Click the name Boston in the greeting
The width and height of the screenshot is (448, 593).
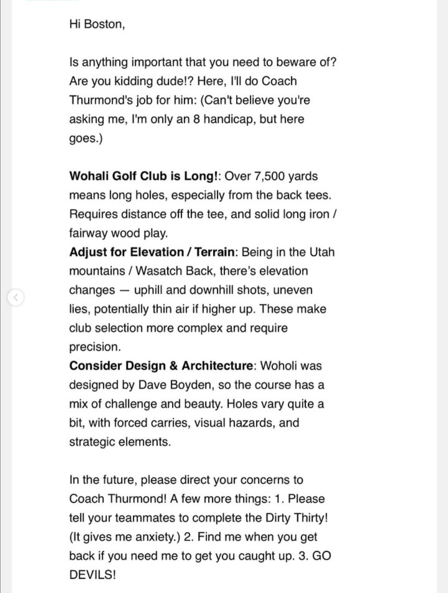pyautogui.click(x=104, y=24)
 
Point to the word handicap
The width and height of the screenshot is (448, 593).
pyautogui.click(x=229, y=119)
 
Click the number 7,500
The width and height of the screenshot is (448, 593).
pyautogui.click(x=269, y=176)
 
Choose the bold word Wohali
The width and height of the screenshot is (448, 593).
pyautogui.click(x=89, y=176)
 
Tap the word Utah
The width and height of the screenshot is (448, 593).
pyautogui.click(x=322, y=252)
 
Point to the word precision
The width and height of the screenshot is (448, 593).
pyautogui.click(x=95, y=347)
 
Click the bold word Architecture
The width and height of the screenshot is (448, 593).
pyautogui.click(x=217, y=366)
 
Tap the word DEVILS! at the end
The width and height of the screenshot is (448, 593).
pyautogui.click(x=93, y=575)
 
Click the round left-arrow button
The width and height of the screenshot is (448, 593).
pyautogui.click(x=16, y=297)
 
